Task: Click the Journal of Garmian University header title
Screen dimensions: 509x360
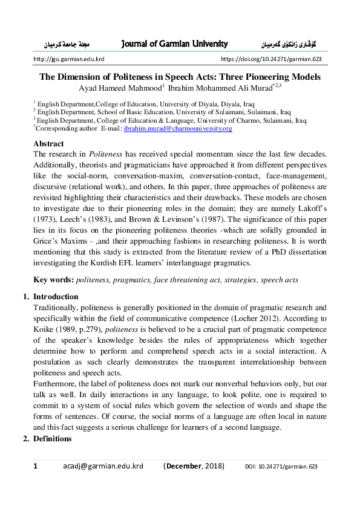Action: coord(174,44)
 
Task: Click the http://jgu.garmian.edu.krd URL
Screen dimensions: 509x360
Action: coord(68,59)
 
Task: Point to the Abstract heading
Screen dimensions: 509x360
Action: coord(48,144)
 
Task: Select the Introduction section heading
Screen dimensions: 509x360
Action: coord(56,297)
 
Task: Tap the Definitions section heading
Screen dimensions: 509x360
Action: coord(54,438)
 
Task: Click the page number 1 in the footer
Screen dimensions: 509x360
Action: coord(35,466)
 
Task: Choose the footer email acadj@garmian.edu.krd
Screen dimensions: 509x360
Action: coord(103,466)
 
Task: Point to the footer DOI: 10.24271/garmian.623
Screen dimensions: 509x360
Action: coord(281,467)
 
